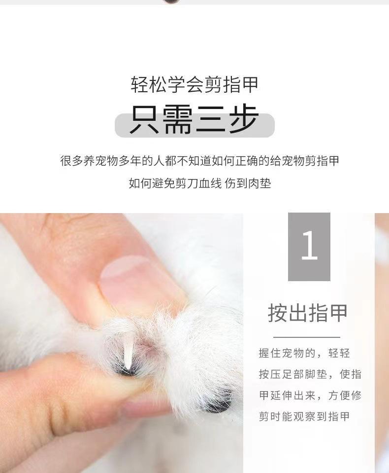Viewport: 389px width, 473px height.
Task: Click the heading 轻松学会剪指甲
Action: (x=194, y=85)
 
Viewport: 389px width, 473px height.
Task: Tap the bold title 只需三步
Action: (x=194, y=119)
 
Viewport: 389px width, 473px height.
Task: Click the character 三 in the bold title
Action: (x=210, y=119)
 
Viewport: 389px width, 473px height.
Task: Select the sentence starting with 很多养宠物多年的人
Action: (x=199, y=161)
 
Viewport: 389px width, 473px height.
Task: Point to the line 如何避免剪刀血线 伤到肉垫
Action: (x=200, y=183)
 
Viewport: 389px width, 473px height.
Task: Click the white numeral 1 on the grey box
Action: (x=310, y=245)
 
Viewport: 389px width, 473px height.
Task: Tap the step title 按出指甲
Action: (x=308, y=313)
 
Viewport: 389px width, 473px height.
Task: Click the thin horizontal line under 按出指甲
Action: (x=306, y=337)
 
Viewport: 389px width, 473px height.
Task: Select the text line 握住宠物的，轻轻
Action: (x=304, y=353)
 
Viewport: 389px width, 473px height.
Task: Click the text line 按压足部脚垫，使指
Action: (x=310, y=374)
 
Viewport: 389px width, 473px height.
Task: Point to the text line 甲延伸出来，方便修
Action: (x=310, y=396)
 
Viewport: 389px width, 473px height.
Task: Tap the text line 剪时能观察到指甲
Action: (x=304, y=417)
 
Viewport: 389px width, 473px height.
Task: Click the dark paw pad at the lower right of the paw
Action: (x=217, y=402)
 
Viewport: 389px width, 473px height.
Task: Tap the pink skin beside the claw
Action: (x=148, y=344)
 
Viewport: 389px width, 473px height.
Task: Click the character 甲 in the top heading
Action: (x=249, y=85)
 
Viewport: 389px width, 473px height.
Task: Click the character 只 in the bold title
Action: (x=144, y=119)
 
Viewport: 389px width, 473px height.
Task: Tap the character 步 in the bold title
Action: (x=244, y=119)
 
